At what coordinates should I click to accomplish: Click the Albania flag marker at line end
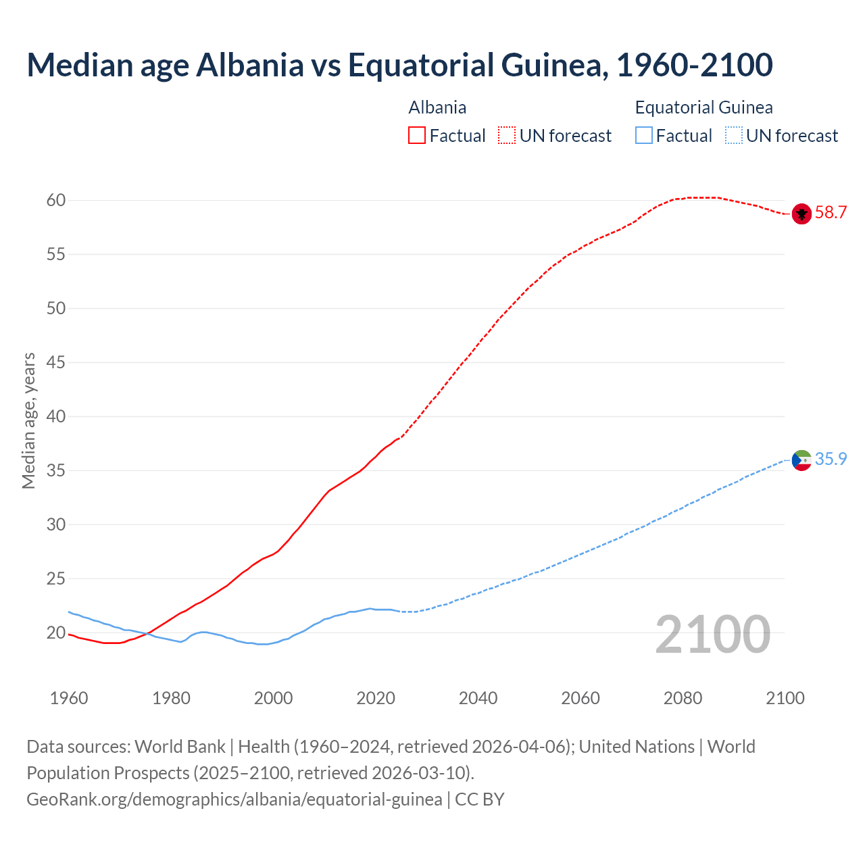(x=801, y=214)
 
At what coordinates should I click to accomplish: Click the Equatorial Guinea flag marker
(x=801, y=460)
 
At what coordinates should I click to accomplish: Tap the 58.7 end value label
(x=831, y=213)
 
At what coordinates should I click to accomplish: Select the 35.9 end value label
(x=831, y=460)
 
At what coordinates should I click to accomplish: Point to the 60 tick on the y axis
(x=56, y=201)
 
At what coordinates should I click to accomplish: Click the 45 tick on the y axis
(x=56, y=363)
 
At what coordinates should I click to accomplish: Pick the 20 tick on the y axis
(x=56, y=633)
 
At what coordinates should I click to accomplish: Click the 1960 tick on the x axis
(x=69, y=698)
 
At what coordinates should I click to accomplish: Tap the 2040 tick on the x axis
(x=478, y=698)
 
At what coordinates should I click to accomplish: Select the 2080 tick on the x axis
(x=683, y=698)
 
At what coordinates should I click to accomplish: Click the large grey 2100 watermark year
(x=712, y=634)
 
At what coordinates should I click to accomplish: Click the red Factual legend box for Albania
(x=417, y=136)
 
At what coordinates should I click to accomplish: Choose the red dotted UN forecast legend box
(x=507, y=136)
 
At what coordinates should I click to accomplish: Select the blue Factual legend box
(x=644, y=136)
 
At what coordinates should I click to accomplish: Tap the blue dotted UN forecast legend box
(x=733, y=136)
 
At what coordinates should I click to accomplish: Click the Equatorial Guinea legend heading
(x=703, y=107)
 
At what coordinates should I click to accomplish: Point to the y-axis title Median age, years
(x=28, y=420)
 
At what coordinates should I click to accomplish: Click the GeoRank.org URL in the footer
(x=234, y=799)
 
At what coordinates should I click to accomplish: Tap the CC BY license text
(x=480, y=799)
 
